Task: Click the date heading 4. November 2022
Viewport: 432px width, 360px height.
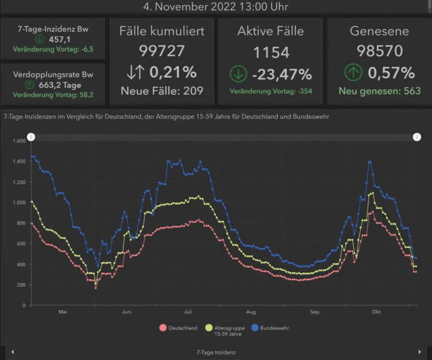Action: pyautogui.click(x=216, y=7)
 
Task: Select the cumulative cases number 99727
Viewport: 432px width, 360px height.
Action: pyautogui.click(x=162, y=51)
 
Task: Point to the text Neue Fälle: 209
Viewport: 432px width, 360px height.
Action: pyautogui.click(x=162, y=90)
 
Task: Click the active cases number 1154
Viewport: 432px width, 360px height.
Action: pyautogui.click(x=271, y=52)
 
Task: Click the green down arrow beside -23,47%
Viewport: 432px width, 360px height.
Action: pyautogui.click(x=238, y=74)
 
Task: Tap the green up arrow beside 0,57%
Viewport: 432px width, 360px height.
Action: pyautogui.click(x=353, y=73)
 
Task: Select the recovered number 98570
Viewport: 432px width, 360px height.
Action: pyautogui.click(x=380, y=51)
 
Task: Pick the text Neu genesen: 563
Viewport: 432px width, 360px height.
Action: pyautogui.click(x=380, y=91)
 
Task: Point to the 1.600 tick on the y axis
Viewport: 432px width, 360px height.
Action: pyautogui.click(x=19, y=141)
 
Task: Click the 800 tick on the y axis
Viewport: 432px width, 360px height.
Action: pyautogui.click(x=21, y=223)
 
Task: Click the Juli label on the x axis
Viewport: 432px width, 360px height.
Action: pyautogui.click(x=188, y=312)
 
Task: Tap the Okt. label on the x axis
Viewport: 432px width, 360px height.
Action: pyautogui.click(x=376, y=312)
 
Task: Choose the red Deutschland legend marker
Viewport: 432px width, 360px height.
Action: pyautogui.click(x=163, y=328)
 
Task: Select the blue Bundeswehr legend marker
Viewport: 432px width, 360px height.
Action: pyautogui.click(x=255, y=328)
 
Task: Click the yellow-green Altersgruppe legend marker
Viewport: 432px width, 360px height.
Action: pyautogui.click(x=209, y=328)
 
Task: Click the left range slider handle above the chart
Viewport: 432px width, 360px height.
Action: pyautogui.click(x=31, y=137)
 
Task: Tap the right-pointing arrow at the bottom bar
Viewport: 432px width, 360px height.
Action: pyautogui.click(x=419, y=352)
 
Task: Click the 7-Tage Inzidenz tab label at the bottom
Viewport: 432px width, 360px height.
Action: pyautogui.click(x=216, y=352)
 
